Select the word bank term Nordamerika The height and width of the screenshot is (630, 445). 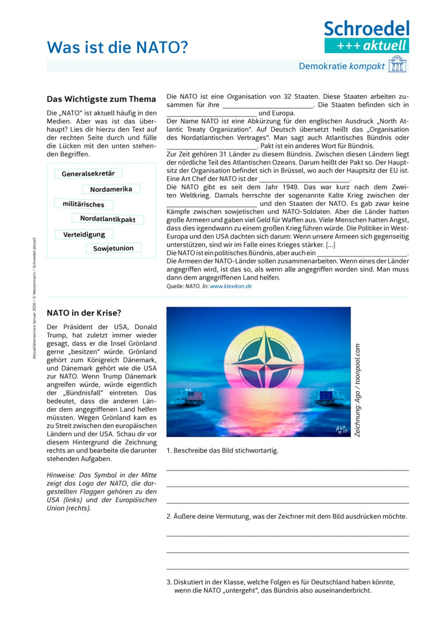click(111, 189)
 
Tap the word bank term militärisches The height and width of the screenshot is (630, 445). click(83, 204)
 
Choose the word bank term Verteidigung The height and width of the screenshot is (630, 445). click(84, 234)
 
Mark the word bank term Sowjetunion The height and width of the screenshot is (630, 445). click(113, 249)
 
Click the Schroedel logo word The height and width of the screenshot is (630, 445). click(367, 28)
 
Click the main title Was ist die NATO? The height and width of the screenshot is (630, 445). click(117, 47)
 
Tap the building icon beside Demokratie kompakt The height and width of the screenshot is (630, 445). click(397, 66)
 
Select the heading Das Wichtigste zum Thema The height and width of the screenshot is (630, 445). click(101, 99)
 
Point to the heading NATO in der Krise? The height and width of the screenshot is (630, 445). click(84, 313)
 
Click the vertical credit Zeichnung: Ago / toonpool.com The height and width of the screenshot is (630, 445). click(357, 389)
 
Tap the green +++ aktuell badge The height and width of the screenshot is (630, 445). click(367, 45)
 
